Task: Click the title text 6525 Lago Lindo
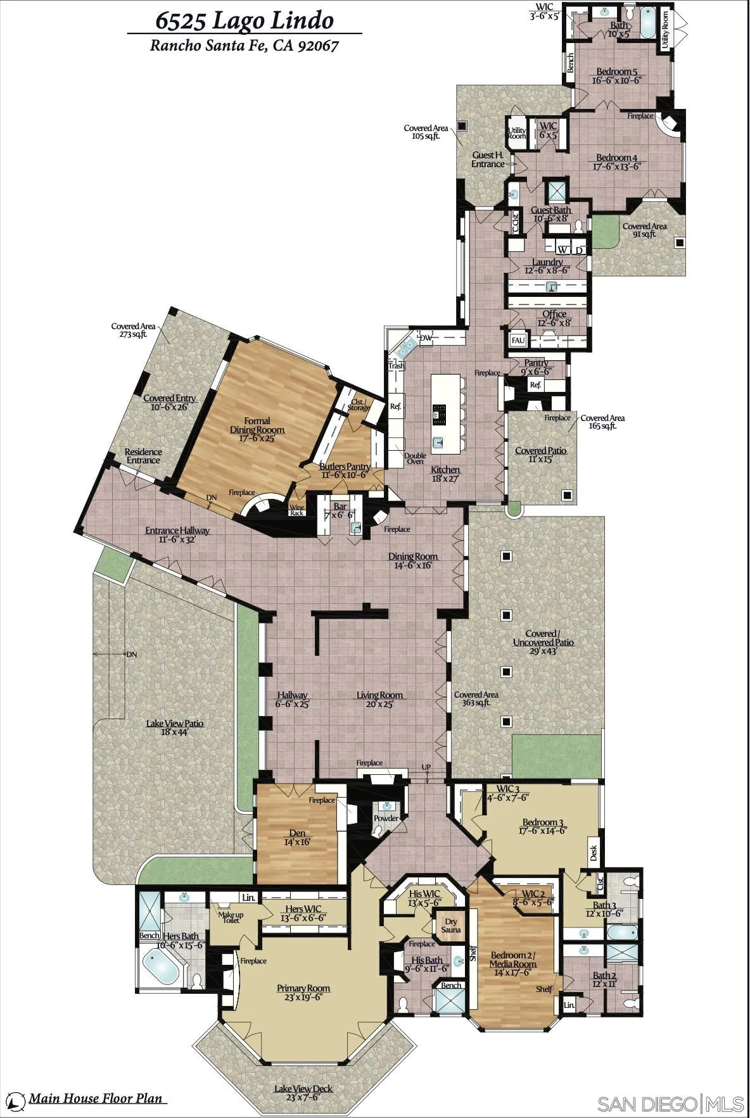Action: (x=245, y=20)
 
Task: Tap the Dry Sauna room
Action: (x=450, y=926)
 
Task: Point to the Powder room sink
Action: (x=386, y=806)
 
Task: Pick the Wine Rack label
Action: (x=296, y=510)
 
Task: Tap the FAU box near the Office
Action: (x=518, y=341)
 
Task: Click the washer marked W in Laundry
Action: (x=562, y=250)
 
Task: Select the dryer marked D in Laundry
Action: (x=579, y=250)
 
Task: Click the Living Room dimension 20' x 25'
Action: (x=379, y=704)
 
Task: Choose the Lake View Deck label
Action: (x=303, y=1089)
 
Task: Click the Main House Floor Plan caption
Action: (x=95, y=1098)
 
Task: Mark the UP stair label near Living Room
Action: (x=426, y=767)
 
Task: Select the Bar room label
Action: (x=340, y=506)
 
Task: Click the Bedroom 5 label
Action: (x=616, y=72)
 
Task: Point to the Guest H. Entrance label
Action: (x=488, y=160)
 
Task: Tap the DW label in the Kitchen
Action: (x=426, y=338)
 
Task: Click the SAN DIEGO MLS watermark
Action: (x=671, y=1103)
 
